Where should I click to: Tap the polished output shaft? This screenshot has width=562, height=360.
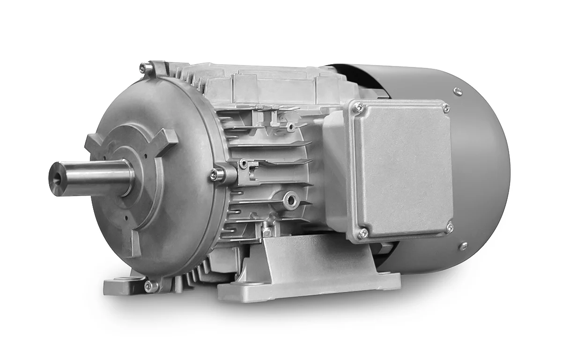pos(94,172)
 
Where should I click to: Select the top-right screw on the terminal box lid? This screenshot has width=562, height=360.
pos(446,108)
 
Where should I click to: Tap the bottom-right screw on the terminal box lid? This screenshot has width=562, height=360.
pos(450,227)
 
